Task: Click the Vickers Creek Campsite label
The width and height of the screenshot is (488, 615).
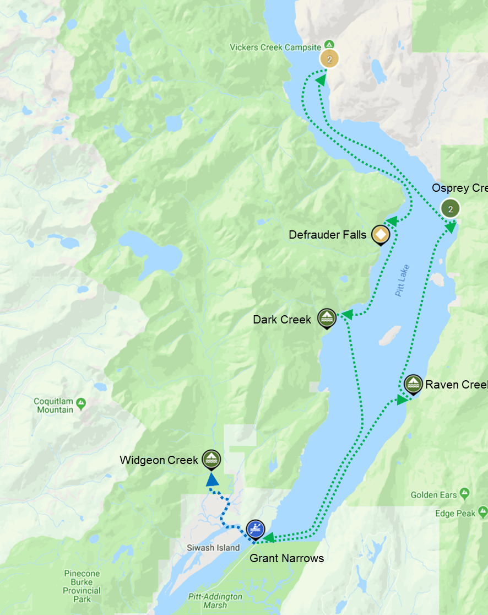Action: tap(275, 48)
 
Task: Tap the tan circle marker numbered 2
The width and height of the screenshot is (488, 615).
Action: tap(329, 58)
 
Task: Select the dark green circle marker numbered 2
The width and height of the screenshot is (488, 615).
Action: tap(451, 209)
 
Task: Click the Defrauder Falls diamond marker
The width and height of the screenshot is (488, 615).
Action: tap(380, 234)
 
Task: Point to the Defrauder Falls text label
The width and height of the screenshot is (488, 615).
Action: tap(327, 235)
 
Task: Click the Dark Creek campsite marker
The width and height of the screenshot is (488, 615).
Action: tap(327, 317)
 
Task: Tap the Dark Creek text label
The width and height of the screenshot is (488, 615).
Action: tap(282, 320)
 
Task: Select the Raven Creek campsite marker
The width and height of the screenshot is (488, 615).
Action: tap(413, 384)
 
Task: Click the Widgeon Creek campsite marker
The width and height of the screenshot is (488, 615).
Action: tap(211, 458)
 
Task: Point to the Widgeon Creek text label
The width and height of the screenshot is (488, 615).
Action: tap(159, 460)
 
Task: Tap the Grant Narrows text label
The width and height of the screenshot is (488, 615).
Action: tap(286, 558)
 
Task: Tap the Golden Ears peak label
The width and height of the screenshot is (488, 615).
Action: tap(434, 495)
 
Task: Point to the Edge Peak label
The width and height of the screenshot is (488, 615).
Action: tap(455, 514)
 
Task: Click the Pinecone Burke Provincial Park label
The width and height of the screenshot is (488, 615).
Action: tap(82, 586)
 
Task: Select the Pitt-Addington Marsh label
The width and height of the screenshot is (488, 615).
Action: tap(214, 601)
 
